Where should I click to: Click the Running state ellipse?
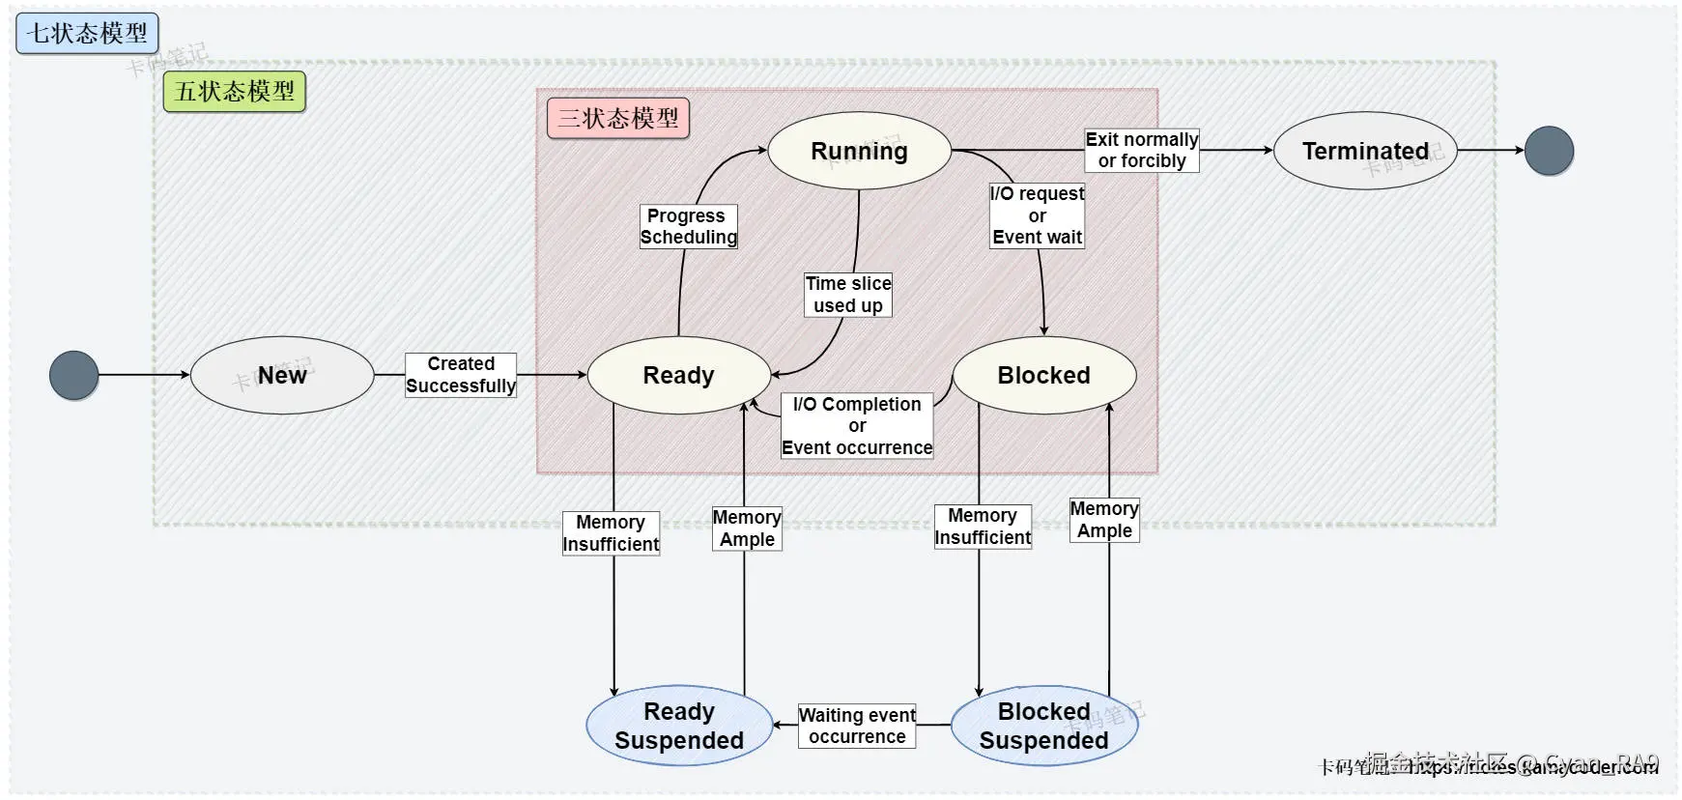click(859, 151)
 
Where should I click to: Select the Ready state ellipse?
click(678, 375)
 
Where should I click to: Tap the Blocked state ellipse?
click(1043, 375)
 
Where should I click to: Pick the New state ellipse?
click(282, 375)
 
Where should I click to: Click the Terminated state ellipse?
click(1364, 151)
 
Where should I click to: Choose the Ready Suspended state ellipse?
click(678, 726)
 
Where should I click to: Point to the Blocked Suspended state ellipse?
click(1043, 726)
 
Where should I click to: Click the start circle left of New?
click(74, 375)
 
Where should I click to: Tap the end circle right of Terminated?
click(1549, 151)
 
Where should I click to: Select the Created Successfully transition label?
click(461, 375)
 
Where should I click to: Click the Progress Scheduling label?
click(688, 226)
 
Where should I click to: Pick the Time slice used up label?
click(848, 295)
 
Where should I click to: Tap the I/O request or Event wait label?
click(1037, 215)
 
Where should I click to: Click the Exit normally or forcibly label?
click(1141, 151)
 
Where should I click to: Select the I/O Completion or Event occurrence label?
click(857, 425)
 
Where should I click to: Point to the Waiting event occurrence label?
click(857, 726)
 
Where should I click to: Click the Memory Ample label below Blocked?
click(1104, 520)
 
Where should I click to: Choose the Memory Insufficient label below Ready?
click(611, 533)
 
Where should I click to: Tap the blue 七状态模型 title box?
click(87, 33)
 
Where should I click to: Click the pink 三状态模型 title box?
click(618, 118)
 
